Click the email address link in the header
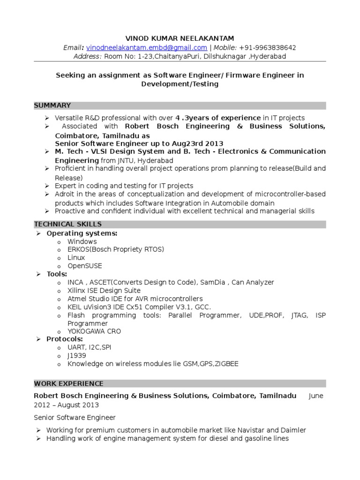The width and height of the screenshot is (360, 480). click(x=147, y=48)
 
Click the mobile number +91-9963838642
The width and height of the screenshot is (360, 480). click(x=267, y=48)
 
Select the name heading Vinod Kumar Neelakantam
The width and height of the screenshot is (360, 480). click(x=180, y=38)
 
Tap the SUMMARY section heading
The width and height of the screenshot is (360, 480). click(x=52, y=105)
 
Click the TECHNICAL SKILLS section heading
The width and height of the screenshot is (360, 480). click(x=67, y=225)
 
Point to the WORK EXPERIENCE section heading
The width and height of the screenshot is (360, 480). click(x=68, y=383)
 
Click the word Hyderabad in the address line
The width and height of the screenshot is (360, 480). click(x=269, y=56)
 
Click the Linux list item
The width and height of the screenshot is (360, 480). click(x=76, y=258)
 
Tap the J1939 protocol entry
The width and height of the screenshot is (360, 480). click(x=77, y=356)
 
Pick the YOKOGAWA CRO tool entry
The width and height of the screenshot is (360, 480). click(x=94, y=331)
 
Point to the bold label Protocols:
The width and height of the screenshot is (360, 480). click(x=65, y=339)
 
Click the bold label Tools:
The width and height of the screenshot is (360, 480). click(x=57, y=274)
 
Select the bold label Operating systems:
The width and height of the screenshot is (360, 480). click(x=82, y=233)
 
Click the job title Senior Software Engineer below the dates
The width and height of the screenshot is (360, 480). click(x=75, y=417)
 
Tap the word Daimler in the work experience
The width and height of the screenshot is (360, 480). click(x=292, y=430)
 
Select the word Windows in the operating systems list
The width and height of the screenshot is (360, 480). click(x=82, y=241)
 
